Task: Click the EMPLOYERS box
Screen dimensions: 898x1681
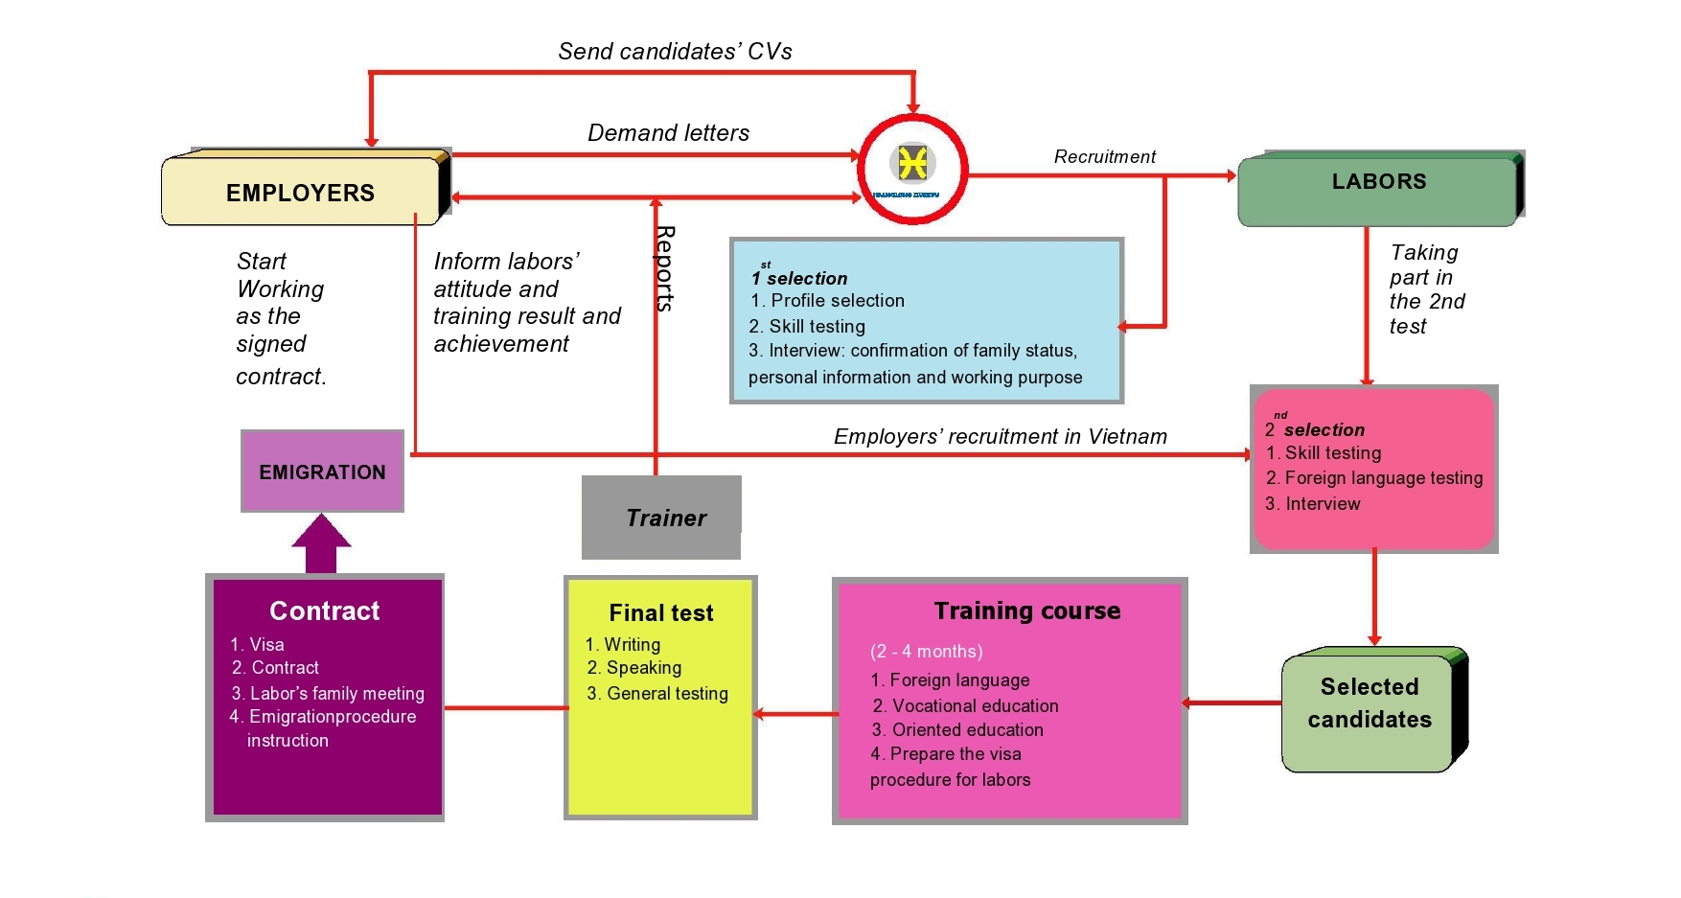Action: tap(300, 192)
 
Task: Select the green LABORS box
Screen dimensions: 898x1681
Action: tap(1378, 187)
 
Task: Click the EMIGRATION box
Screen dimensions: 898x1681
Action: tap(322, 472)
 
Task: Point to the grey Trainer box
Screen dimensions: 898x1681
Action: tap(661, 518)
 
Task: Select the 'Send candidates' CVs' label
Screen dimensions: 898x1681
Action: tap(675, 52)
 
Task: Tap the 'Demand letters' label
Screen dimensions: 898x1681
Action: tap(668, 133)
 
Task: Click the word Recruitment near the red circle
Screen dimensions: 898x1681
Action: tap(1104, 156)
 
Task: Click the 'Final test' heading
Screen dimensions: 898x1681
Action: tap(661, 613)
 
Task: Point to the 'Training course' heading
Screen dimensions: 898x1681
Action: tap(1027, 611)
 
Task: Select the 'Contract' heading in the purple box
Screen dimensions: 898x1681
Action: tap(324, 611)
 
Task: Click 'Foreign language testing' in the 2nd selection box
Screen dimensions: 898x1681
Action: tap(1383, 478)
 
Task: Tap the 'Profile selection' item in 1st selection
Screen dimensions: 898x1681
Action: tap(837, 301)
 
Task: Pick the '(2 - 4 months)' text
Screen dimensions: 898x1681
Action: tap(926, 652)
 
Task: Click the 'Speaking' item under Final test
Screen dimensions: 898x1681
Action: tap(643, 668)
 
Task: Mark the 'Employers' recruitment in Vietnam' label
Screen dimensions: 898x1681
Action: tap(1001, 437)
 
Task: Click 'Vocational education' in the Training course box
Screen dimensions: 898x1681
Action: tap(975, 706)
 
